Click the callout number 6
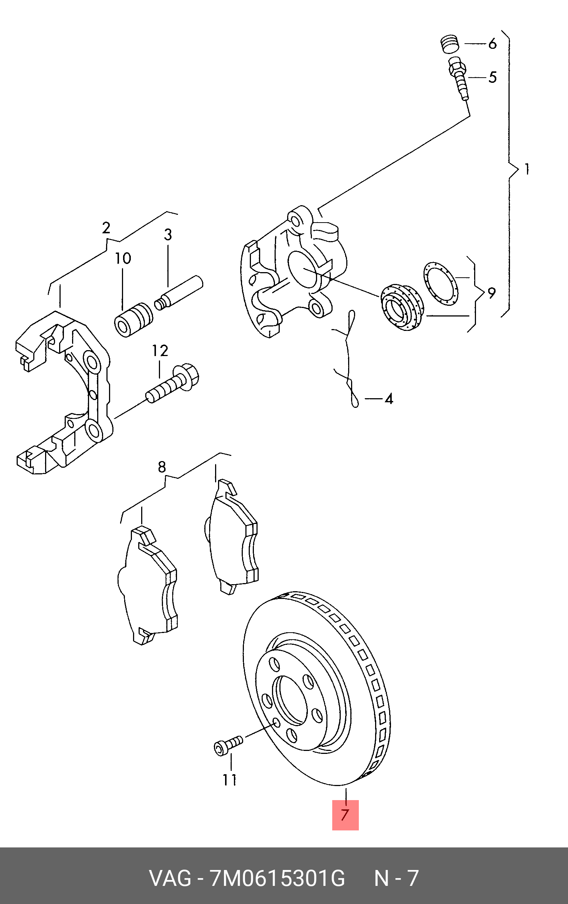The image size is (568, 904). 492,44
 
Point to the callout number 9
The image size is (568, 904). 492,293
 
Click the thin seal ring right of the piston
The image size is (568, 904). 441,284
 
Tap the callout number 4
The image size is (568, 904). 389,399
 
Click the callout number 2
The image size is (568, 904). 106,228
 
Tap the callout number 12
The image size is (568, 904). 160,351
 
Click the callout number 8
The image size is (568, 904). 162,467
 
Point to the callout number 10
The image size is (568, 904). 123,258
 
